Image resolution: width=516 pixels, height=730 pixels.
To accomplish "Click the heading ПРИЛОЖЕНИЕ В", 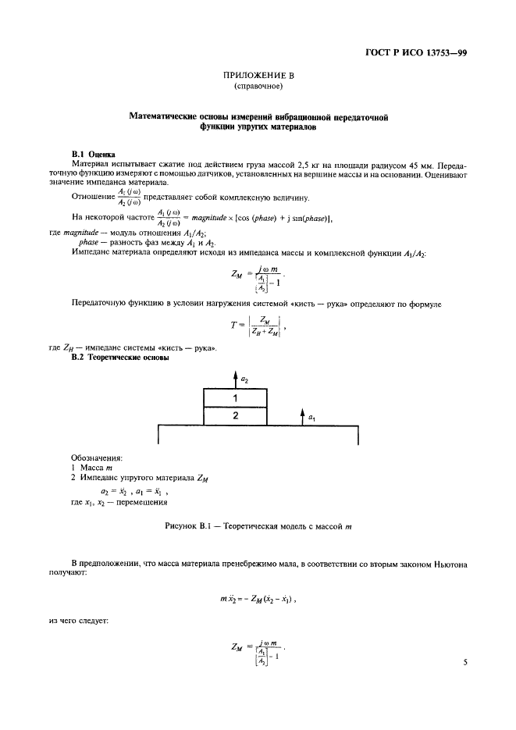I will (x=258, y=75).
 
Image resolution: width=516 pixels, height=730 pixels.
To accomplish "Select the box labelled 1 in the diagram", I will (x=235, y=398).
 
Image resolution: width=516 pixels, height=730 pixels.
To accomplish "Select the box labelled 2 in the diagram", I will (x=235, y=416).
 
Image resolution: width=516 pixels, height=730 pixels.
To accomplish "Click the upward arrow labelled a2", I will (x=235, y=379).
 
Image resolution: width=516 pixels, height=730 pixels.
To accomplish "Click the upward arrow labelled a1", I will (x=301, y=415).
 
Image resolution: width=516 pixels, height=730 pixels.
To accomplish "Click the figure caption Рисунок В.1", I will (x=258, y=527).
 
